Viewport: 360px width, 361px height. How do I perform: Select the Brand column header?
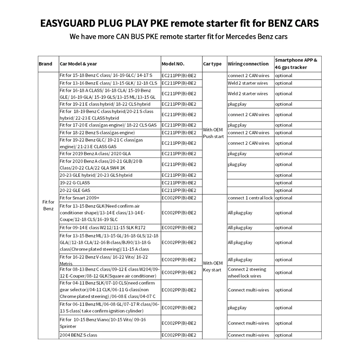coord(45,64)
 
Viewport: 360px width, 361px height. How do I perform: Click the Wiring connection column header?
coord(248,64)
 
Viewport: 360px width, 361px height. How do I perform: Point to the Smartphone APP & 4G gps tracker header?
coord(296,64)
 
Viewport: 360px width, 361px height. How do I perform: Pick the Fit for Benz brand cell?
coord(48,205)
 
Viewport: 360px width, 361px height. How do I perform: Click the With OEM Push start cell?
coord(213,133)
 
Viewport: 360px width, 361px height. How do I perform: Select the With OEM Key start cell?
coord(213,267)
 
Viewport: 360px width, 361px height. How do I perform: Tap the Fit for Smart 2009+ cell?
coord(79,198)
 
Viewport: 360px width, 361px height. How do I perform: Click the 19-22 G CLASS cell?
coord(75,183)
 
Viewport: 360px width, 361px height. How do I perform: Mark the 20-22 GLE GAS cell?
coord(75,190)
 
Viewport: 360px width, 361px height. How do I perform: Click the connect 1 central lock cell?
coord(250,198)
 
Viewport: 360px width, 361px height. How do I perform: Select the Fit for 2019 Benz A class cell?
coord(95,154)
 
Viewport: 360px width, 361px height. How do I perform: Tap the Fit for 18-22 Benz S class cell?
coord(97,133)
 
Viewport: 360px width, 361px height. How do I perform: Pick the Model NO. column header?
coord(173,64)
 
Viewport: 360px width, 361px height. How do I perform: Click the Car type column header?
coord(212,64)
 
